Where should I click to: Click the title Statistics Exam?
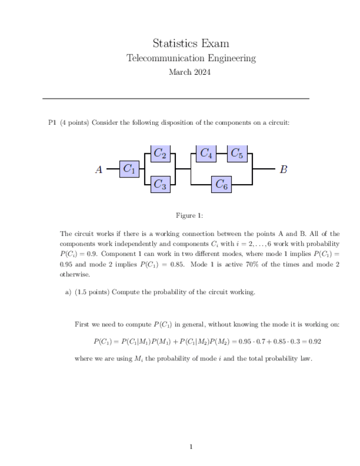(191, 43)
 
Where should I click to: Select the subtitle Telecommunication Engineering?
(191, 58)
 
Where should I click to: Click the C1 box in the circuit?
(129, 169)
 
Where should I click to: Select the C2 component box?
(160, 153)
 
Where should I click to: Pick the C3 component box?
(160, 185)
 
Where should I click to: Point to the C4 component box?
(206, 153)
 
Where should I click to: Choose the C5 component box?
(237, 153)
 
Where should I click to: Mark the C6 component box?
(221, 185)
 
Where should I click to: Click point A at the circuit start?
(99, 169)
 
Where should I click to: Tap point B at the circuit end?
(283, 169)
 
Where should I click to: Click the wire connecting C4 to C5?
(221, 153)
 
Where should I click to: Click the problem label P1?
(53, 123)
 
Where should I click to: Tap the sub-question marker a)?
(68, 292)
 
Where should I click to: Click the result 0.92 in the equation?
(314, 341)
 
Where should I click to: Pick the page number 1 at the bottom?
(191, 447)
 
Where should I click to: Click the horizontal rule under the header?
(176, 98)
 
